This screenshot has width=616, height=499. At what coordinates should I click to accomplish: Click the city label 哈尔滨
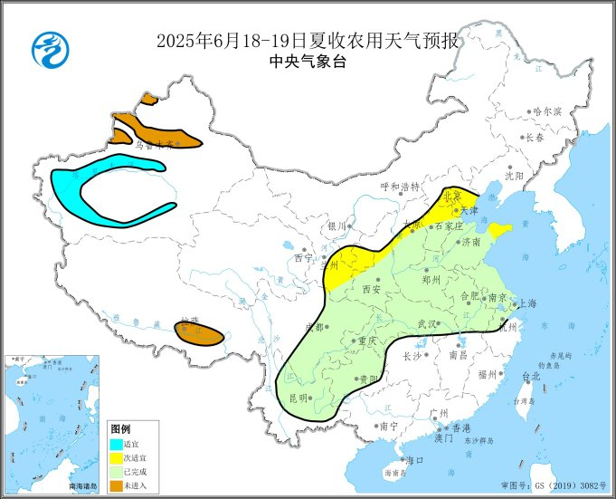pos(547,111)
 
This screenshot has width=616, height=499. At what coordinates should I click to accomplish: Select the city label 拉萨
pos(188,321)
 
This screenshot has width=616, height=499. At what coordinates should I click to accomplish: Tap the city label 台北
pos(530,375)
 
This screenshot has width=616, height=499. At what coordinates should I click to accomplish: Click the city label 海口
pos(415,460)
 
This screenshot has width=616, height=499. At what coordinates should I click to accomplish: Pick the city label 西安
pos(371,289)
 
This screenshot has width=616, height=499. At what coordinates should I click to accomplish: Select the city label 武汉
pos(426,323)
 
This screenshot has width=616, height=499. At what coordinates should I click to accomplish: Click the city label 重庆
pos(365,341)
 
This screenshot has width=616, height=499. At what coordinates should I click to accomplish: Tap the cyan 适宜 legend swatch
pos(117,445)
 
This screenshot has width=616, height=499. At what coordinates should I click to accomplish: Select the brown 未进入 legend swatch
pos(117,487)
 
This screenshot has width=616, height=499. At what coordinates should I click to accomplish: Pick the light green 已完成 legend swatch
pos(117,473)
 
